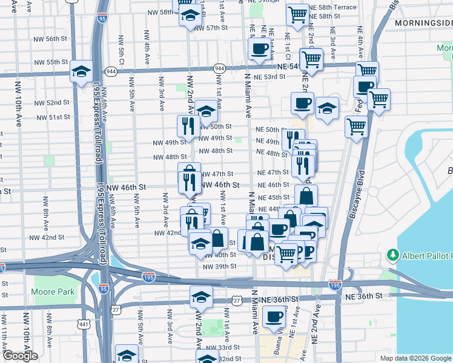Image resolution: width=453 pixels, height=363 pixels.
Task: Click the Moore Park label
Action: (x=53, y=292)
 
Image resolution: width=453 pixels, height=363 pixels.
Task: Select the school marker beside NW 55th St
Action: (x=81, y=71)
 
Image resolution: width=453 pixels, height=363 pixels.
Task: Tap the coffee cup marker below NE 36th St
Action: (x=274, y=316)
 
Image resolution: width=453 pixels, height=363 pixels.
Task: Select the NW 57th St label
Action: (x=203, y=28)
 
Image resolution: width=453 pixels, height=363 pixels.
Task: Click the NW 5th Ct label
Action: (x=121, y=56)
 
